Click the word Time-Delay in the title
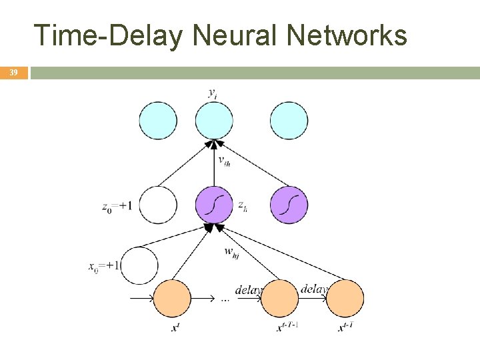point(107,35)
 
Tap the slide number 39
point(13,72)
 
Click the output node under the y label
point(214,121)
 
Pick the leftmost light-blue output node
point(158,121)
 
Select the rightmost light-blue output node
point(289,121)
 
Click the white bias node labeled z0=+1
point(158,205)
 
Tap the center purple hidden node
point(214,205)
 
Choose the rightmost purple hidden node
point(289,205)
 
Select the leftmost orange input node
point(172,298)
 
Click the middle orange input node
point(279,298)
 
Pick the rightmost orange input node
point(345,298)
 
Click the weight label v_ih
point(225,160)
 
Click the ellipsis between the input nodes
point(225,299)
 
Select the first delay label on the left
point(248,290)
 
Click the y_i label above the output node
point(212,93)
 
